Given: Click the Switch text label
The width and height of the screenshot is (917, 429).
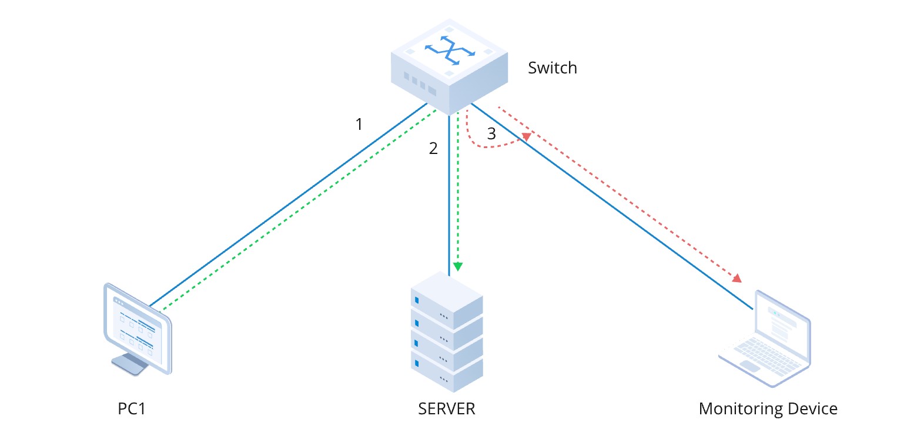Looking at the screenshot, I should [x=552, y=68].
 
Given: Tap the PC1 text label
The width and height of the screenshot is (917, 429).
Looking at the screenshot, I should [x=132, y=408].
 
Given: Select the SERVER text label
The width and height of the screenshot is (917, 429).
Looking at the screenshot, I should [x=446, y=408].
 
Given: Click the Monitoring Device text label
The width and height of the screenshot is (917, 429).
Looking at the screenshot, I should [x=768, y=408].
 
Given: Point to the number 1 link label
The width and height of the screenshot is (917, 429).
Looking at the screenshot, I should [x=359, y=125].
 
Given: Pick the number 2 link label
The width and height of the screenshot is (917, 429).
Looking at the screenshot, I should [x=433, y=149].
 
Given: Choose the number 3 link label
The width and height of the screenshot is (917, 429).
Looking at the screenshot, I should [x=491, y=134].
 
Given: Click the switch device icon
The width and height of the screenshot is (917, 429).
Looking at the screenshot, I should [x=449, y=66].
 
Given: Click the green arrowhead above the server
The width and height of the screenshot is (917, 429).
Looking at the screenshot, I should [x=458, y=267].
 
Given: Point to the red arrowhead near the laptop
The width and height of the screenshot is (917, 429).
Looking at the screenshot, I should [x=735, y=277].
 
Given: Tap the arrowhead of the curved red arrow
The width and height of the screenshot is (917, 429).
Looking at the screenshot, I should [x=526, y=137].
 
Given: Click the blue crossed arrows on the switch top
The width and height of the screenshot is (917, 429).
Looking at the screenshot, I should [x=450, y=51].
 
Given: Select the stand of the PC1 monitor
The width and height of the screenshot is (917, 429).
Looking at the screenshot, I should [x=129, y=364].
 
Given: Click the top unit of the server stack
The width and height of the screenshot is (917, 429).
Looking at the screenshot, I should [x=446, y=297].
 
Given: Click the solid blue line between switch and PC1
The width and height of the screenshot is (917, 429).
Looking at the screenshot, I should [x=288, y=206].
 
